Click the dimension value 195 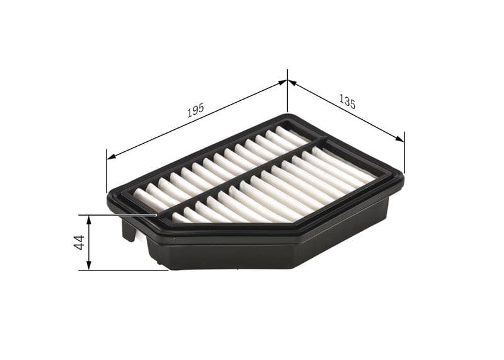(x=196, y=110)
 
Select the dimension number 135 (x=347, y=101)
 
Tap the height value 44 (x=79, y=242)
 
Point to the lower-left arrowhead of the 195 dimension (x=111, y=156)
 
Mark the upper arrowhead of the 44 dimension (x=89, y=219)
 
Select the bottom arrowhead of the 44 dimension (x=89, y=266)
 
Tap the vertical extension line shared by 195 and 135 (x=287, y=91)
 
